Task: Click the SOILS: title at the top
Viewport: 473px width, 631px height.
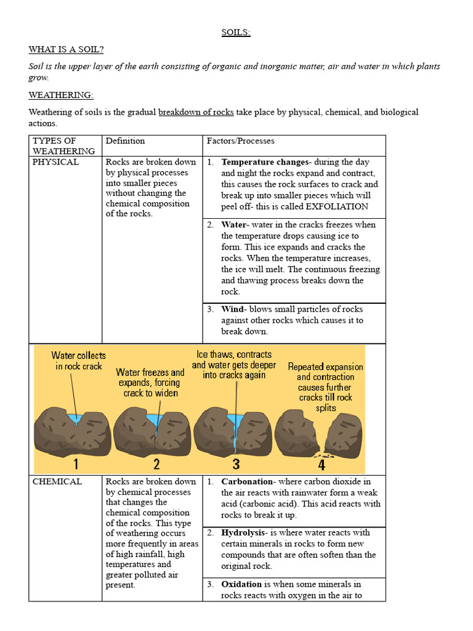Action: click(236, 33)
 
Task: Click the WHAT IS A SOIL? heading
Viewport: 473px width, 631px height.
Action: click(70, 49)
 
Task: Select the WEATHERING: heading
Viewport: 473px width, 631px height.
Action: click(61, 95)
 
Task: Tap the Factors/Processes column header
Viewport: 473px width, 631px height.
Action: click(240, 141)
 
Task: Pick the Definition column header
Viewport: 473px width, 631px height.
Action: click(125, 141)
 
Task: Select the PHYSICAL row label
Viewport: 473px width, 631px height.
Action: click(55, 162)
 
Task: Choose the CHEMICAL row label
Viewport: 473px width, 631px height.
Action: click(57, 481)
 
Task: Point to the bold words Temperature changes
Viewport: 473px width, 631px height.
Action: click(264, 162)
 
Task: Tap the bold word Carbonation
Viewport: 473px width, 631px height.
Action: click(247, 481)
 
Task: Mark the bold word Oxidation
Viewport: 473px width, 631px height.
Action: click(241, 584)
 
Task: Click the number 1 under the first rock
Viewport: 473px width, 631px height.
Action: click(76, 464)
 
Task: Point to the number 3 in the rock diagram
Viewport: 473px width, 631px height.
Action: click(236, 464)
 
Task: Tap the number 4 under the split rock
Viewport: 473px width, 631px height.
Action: click(321, 465)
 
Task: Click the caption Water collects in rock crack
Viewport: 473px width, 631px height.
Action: click(78, 361)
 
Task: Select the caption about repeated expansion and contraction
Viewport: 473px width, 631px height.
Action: click(325, 387)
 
